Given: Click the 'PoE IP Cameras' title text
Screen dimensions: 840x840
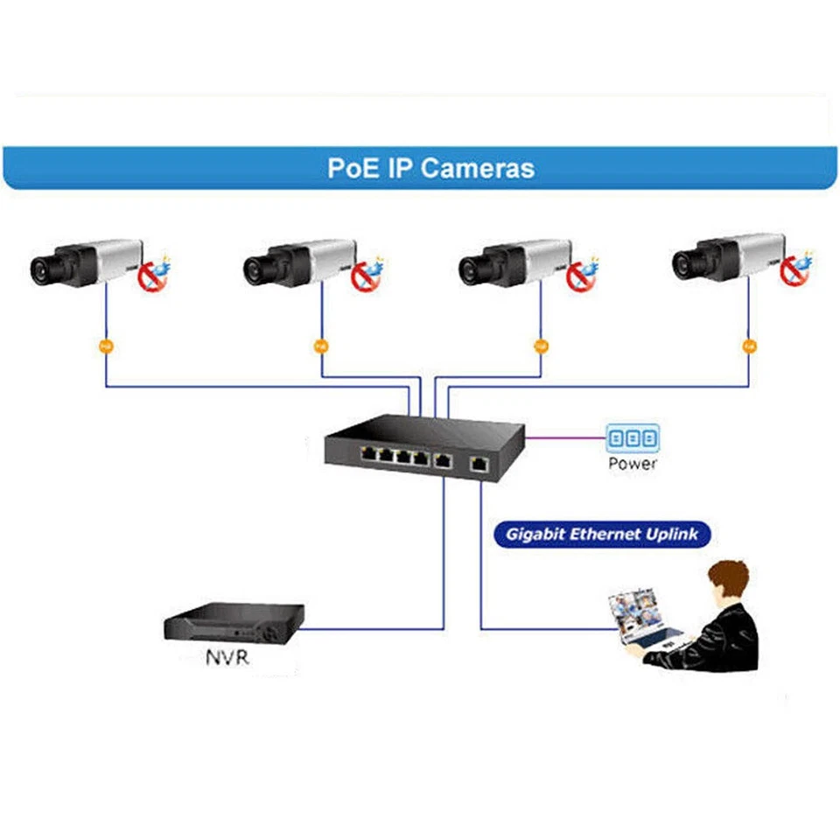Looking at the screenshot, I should pos(430,167).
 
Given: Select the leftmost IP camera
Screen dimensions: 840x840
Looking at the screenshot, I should pos(83,262).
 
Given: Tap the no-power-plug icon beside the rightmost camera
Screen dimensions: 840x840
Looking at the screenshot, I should pos(795,269).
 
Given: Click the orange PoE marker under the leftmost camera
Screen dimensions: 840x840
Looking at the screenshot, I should pos(106,346).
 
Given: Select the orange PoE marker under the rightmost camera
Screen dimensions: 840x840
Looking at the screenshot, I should pos(749,346).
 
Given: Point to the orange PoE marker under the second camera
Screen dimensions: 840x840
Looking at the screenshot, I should pos(321,346).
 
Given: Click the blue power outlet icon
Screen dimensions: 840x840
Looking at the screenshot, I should pos(633,437).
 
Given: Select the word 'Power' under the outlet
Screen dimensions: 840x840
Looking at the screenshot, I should pos(633,464).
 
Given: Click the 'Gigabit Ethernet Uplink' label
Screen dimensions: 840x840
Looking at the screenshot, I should pos(602,535).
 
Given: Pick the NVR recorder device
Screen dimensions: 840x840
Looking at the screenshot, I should pos(234,623).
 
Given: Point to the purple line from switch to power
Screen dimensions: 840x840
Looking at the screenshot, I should pos(564,437).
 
